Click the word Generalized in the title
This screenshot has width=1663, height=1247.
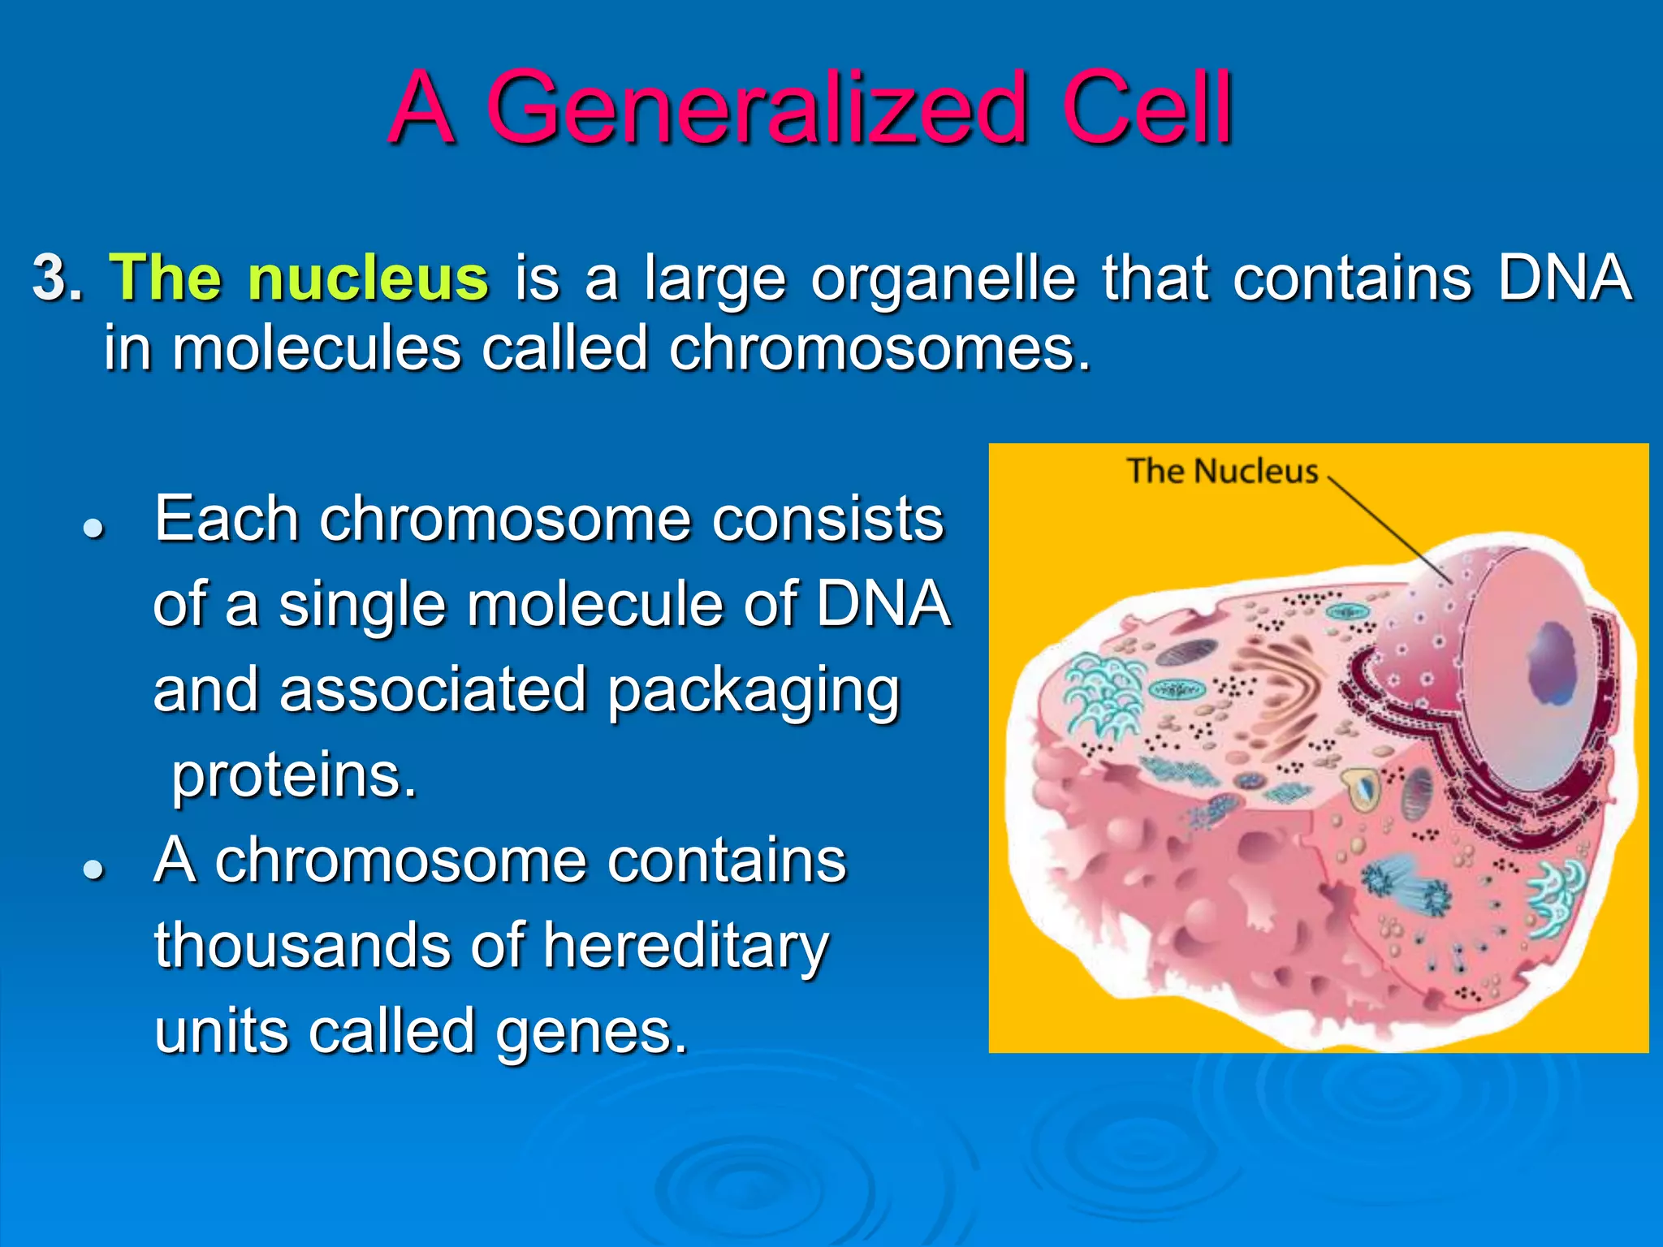(x=757, y=110)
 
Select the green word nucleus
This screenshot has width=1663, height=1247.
(x=368, y=278)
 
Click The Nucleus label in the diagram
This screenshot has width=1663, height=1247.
(x=1221, y=471)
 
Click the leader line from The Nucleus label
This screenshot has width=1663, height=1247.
(x=1389, y=528)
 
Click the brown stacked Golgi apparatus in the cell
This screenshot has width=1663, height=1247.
(x=1283, y=690)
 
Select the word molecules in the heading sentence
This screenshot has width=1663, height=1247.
(x=316, y=349)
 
